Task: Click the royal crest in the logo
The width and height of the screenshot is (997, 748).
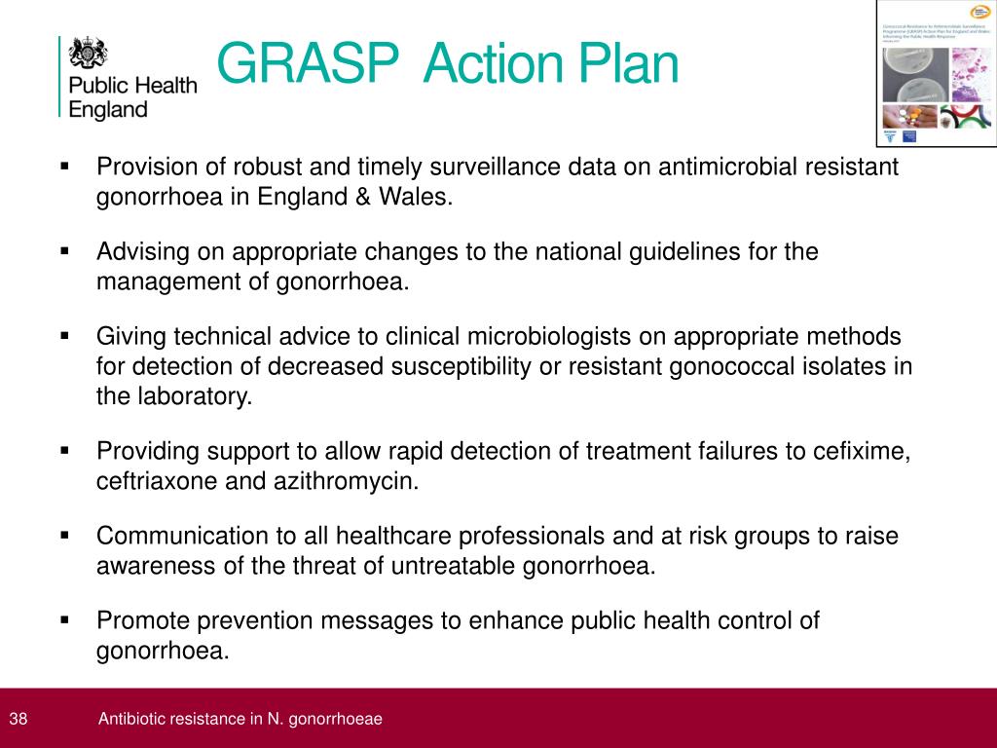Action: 88,54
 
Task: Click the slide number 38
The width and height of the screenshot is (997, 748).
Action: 18,719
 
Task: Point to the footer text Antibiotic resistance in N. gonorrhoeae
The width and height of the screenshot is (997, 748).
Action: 240,719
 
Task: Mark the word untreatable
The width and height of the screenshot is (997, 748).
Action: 460,566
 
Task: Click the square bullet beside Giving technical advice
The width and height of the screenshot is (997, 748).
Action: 65,335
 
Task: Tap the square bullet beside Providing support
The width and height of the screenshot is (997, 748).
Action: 65,450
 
